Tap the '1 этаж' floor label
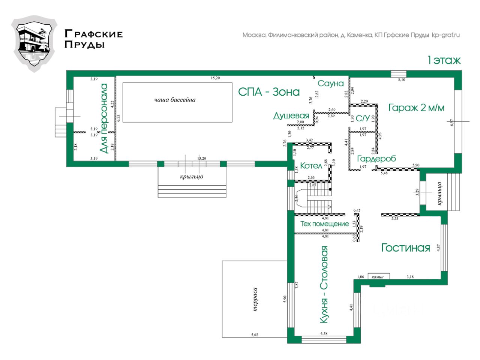click(x=444, y=60)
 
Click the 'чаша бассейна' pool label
click(x=175, y=100)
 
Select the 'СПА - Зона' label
click(x=269, y=92)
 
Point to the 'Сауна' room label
click(x=330, y=83)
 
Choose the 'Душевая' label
click(x=291, y=115)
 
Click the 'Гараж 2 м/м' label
click(x=416, y=108)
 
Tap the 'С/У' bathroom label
click(x=363, y=118)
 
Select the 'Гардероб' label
click(x=376, y=159)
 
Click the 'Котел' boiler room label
click(x=311, y=165)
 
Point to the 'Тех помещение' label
click(x=325, y=224)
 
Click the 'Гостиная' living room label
click(x=405, y=247)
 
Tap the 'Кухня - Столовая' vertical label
click(x=324, y=284)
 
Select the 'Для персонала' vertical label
click(x=104, y=118)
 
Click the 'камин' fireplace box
click(x=378, y=277)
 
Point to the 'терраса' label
click(x=255, y=300)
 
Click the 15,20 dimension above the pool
click(x=215, y=78)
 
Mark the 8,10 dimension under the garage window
click(x=401, y=79)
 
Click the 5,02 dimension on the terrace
click(x=255, y=334)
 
